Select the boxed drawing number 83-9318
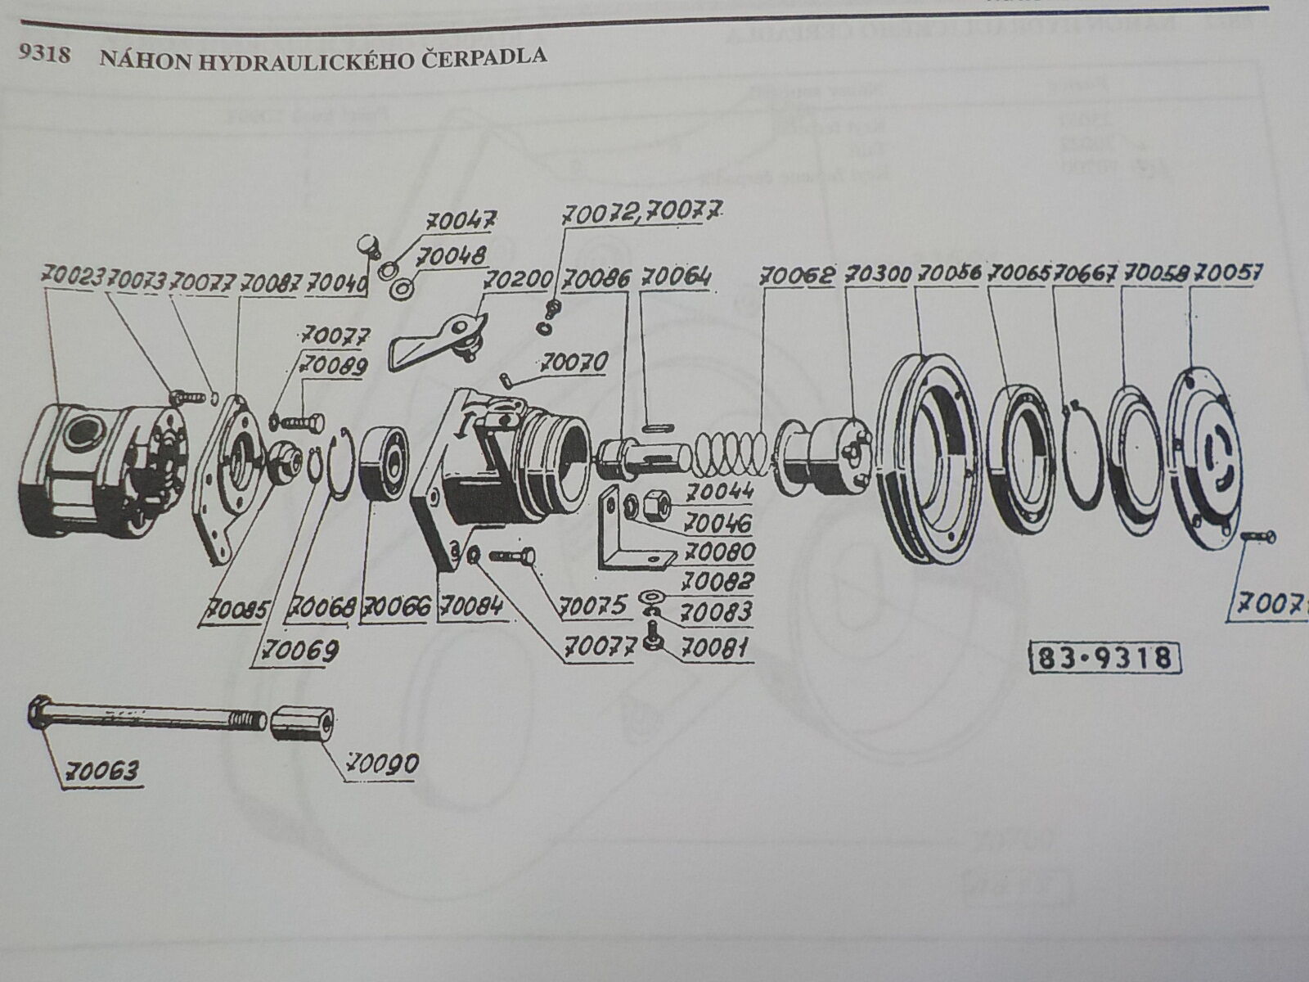tap(1105, 657)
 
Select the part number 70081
tap(714, 650)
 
